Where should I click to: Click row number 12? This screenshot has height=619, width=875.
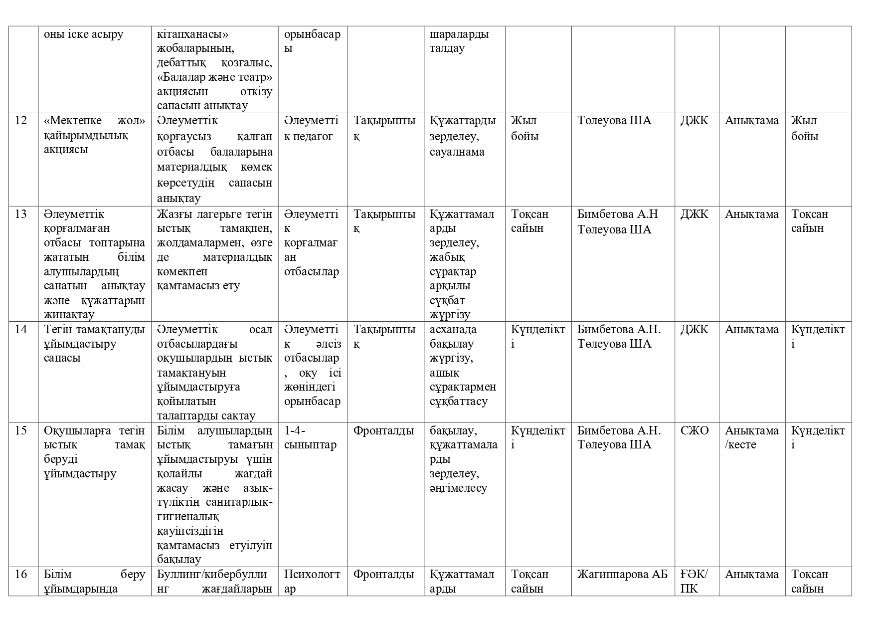[20, 121]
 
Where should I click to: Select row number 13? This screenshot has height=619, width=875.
[20, 214]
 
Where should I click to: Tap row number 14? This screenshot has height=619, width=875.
[20, 330]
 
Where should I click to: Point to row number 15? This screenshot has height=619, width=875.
[20, 430]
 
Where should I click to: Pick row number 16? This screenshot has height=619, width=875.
[20, 575]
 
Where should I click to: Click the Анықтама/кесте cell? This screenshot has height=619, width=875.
[751, 437]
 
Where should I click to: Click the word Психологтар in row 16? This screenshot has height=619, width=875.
[312, 582]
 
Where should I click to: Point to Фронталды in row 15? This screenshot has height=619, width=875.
[383, 430]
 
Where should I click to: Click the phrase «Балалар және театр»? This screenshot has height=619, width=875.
[214, 77]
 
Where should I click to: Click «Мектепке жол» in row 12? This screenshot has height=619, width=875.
[94, 121]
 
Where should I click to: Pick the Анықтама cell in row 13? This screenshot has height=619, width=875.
[751, 214]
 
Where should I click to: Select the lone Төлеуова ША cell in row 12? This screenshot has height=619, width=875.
[614, 121]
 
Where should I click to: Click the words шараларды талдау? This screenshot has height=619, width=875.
[459, 41]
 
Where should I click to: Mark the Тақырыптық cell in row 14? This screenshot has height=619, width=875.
[384, 337]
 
